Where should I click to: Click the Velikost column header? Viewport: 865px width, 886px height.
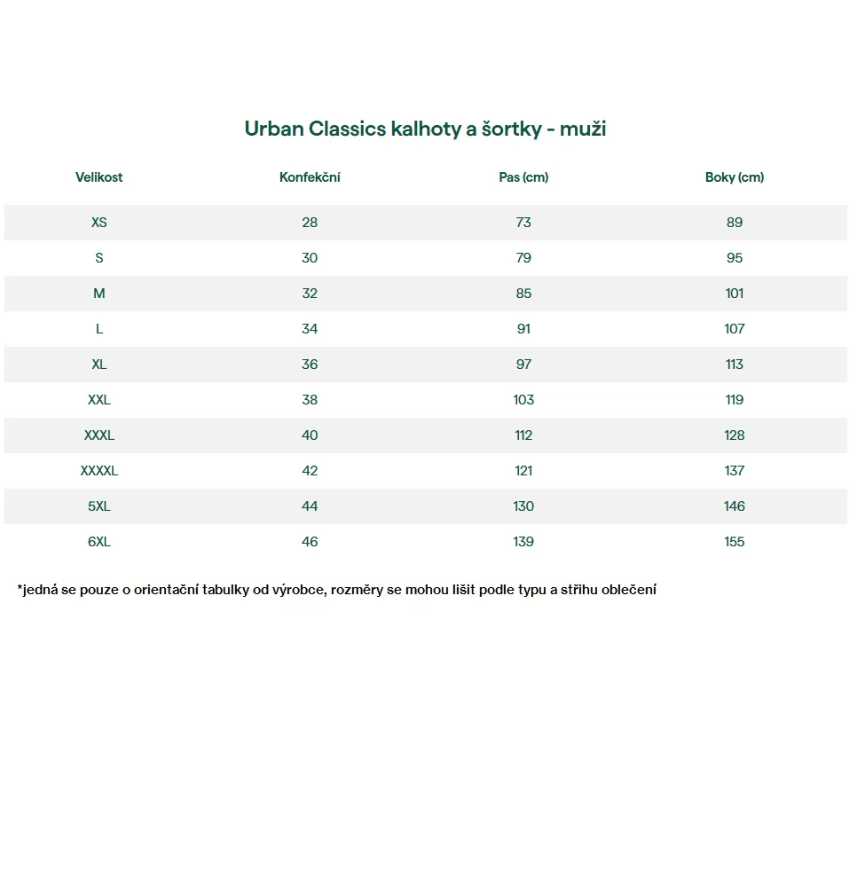(x=98, y=177)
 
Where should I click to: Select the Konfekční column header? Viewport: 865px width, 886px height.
(x=310, y=177)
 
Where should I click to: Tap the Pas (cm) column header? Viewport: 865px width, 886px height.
(x=523, y=177)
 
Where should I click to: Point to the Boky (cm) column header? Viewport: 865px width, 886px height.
(x=734, y=177)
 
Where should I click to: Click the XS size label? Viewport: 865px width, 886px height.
(x=98, y=223)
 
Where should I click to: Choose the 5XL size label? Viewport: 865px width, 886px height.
(x=98, y=506)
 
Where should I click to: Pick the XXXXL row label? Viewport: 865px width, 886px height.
(x=98, y=471)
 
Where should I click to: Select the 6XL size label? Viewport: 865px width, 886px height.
(x=98, y=542)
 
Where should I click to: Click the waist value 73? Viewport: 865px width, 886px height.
(x=523, y=223)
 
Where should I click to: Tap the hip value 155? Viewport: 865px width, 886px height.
(x=734, y=542)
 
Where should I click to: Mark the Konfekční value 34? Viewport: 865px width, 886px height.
(x=310, y=329)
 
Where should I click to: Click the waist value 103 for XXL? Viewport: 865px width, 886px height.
(x=523, y=400)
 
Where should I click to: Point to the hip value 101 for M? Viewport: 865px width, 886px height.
(x=734, y=294)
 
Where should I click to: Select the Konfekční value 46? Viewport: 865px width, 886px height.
(x=310, y=542)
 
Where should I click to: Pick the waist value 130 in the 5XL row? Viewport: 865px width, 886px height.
(x=523, y=506)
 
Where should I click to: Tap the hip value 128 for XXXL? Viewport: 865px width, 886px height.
(x=734, y=435)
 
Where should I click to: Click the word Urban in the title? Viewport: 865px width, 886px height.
(x=273, y=129)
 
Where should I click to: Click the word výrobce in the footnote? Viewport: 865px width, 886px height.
(x=297, y=591)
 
